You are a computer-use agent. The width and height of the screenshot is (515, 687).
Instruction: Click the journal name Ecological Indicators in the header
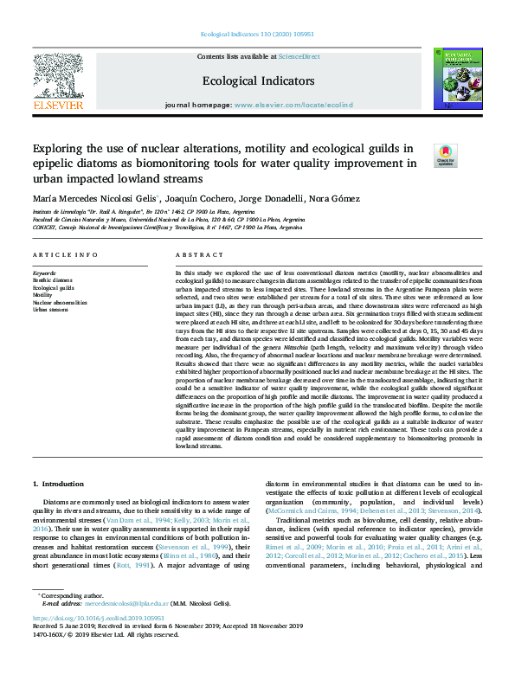[x=258, y=80]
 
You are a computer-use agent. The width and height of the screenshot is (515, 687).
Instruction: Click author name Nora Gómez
[x=334, y=199]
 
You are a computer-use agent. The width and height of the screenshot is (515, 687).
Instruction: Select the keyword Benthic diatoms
[x=53, y=279]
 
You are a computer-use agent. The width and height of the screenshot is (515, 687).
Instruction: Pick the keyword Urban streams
[x=50, y=310]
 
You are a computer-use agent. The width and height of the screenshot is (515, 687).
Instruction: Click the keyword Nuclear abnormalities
[x=61, y=302]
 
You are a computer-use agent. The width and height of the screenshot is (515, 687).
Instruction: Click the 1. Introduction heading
[x=59, y=482]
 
